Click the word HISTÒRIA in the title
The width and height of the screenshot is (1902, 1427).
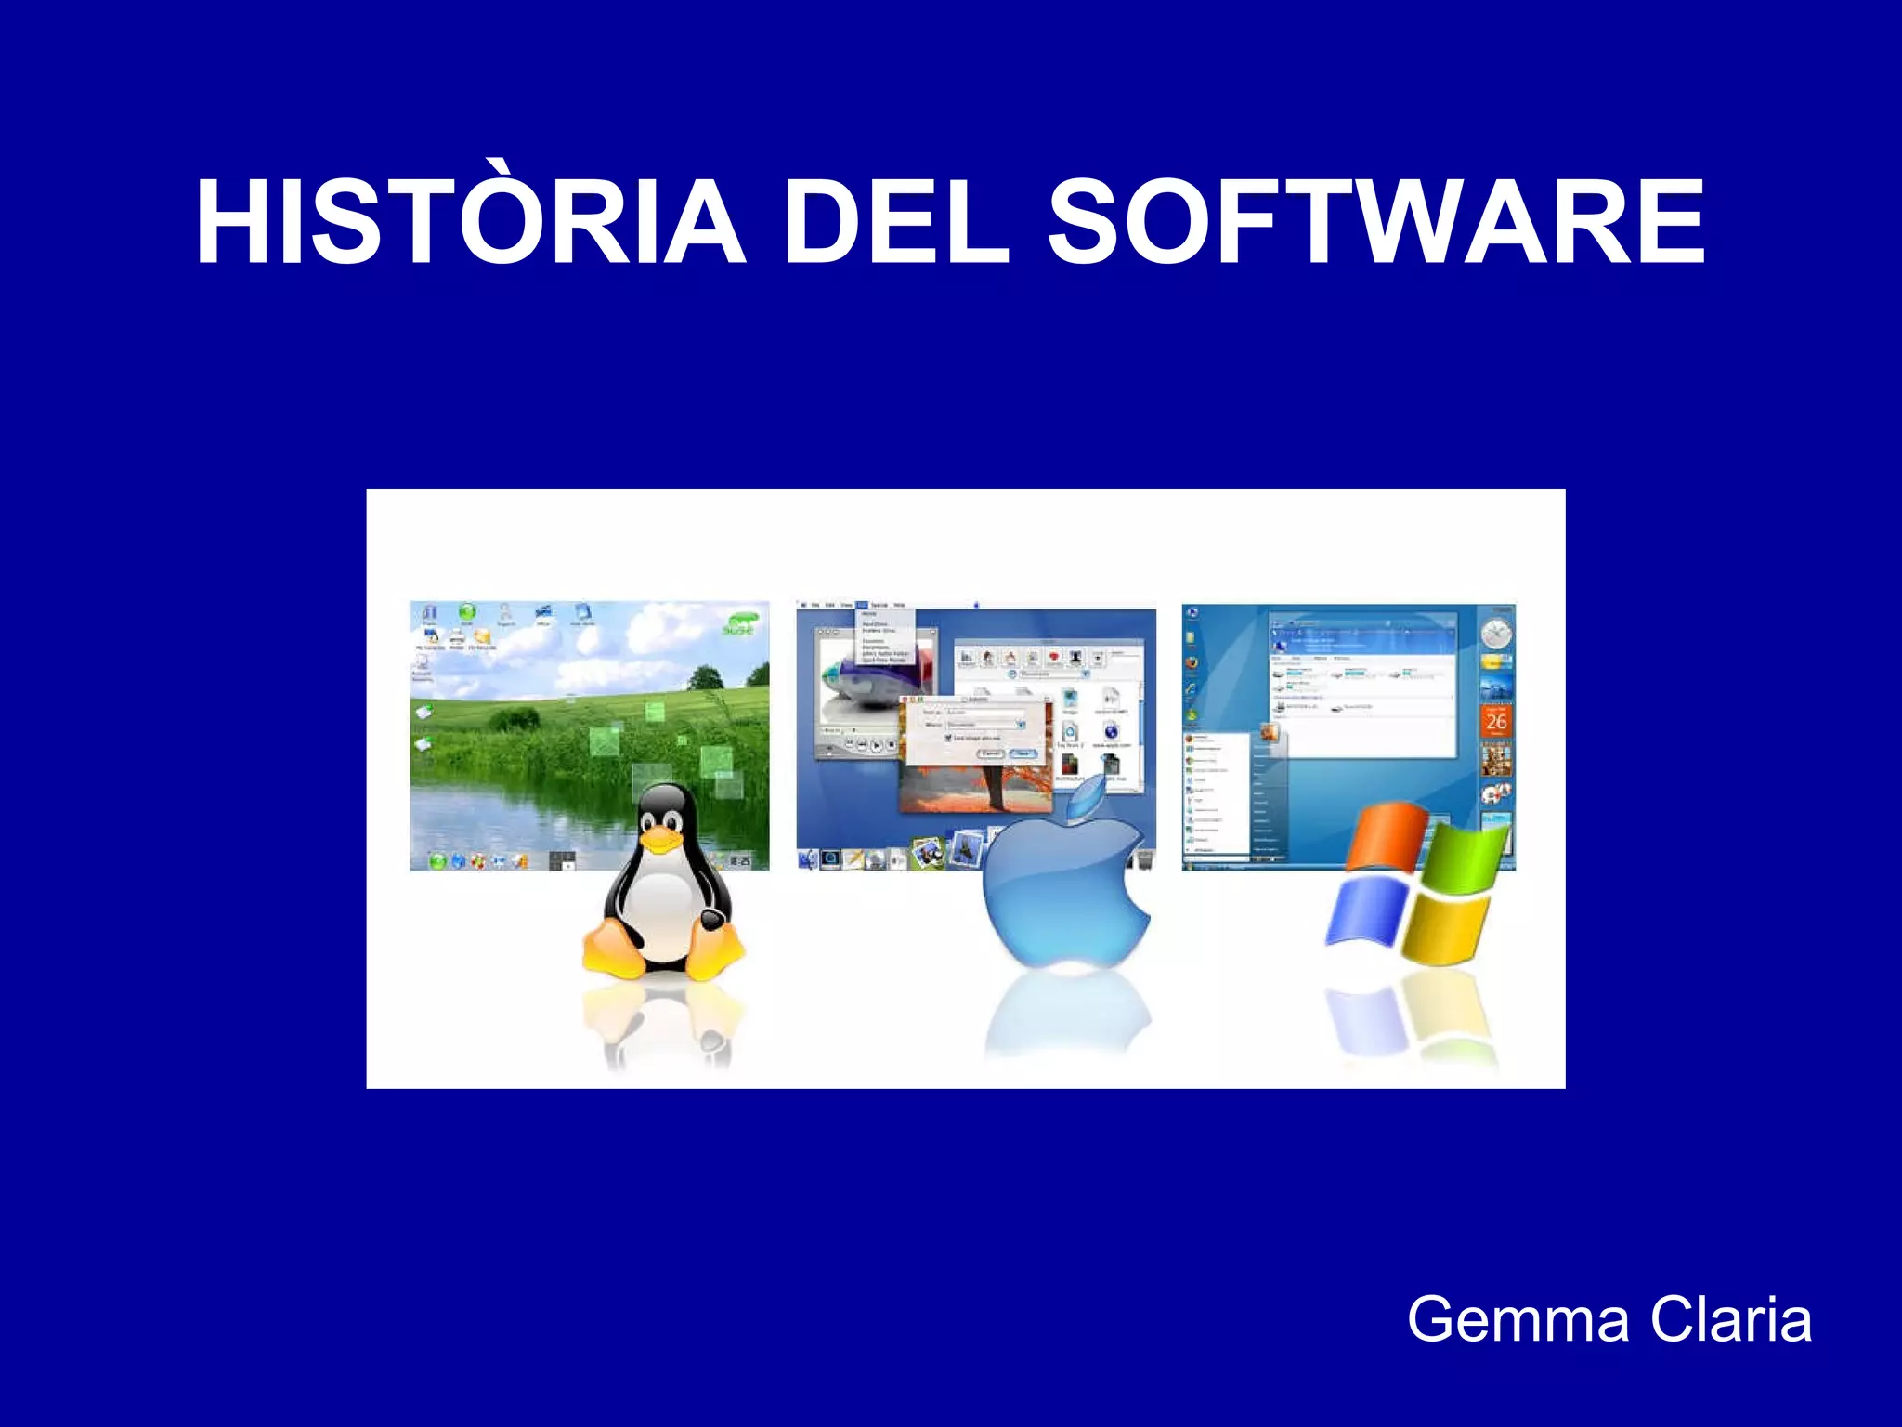click(x=469, y=223)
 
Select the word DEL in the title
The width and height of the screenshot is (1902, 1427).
click(x=896, y=223)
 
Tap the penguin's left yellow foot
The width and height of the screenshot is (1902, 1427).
click(x=613, y=952)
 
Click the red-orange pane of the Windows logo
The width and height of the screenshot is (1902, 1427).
click(x=1386, y=836)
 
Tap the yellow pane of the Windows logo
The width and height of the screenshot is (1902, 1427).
click(x=1443, y=929)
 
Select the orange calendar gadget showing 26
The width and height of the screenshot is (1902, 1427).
click(x=1495, y=721)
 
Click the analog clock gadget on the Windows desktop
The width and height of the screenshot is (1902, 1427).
click(x=1496, y=635)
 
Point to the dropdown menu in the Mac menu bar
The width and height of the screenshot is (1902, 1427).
click(x=884, y=636)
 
